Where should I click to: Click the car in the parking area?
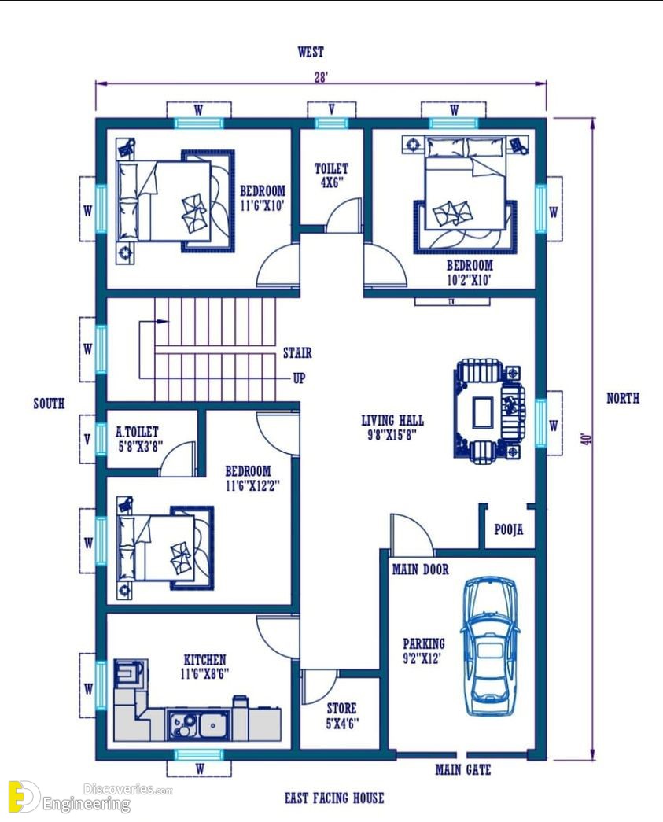click(x=489, y=646)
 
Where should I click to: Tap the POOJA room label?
click(x=508, y=529)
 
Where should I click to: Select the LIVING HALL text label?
click(x=392, y=420)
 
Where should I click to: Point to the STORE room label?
click(x=341, y=709)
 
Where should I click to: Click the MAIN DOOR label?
click(x=420, y=569)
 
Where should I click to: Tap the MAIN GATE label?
click(x=462, y=769)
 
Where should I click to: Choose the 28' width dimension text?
click(x=321, y=78)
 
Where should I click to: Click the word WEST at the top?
click(x=311, y=52)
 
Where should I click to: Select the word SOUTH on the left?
click(x=49, y=404)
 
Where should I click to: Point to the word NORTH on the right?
click(x=623, y=398)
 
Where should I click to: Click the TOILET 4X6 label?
click(x=331, y=175)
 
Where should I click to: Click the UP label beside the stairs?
click(x=299, y=378)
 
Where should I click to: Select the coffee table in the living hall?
click(x=482, y=413)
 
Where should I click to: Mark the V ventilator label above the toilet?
click(x=332, y=109)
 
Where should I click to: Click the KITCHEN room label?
click(x=205, y=659)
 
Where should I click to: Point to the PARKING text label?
click(x=423, y=643)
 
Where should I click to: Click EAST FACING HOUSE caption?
click(x=334, y=798)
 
